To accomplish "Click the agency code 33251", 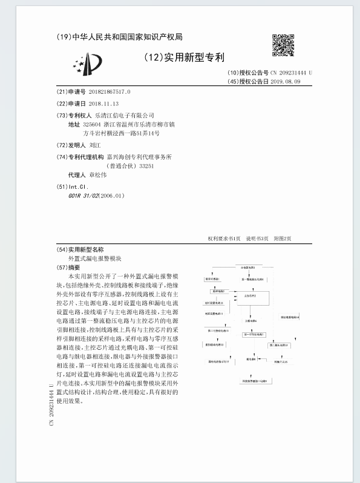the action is tap(146, 165).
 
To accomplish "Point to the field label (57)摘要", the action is tap(68, 267).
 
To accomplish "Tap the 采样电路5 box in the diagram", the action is tap(209, 291).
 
